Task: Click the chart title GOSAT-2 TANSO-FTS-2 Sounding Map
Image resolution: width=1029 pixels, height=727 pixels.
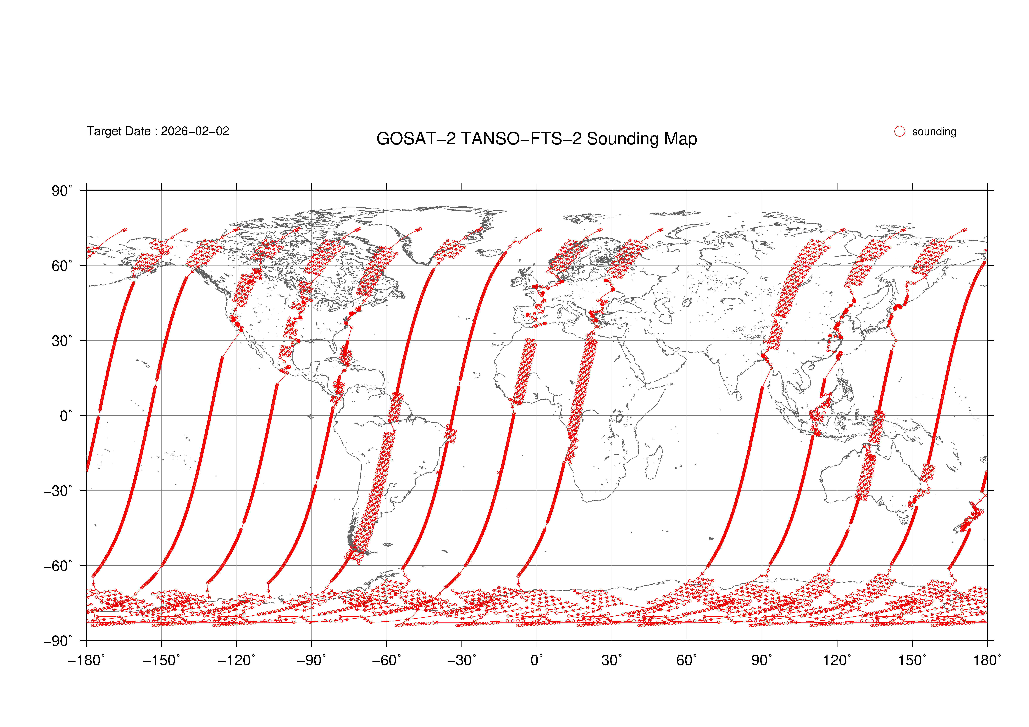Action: tap(536, 139)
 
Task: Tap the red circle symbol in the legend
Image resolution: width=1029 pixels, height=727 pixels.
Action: tap(900, 131)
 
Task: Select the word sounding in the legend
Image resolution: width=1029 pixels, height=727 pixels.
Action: tap(934, 132)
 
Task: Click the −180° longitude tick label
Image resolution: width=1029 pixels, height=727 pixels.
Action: tap(87, 661)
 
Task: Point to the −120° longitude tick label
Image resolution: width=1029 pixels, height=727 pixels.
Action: tap(237, 661)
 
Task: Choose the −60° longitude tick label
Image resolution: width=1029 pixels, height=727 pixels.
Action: tap(387, 661)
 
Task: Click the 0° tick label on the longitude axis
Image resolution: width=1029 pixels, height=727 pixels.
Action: tap(537, 661)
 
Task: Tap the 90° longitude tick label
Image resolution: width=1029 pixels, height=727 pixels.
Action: tap(762, 661)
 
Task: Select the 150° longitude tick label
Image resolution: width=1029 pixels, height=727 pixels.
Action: tap(912, 661)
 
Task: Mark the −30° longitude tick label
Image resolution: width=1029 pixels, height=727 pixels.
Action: tap(462, 661)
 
